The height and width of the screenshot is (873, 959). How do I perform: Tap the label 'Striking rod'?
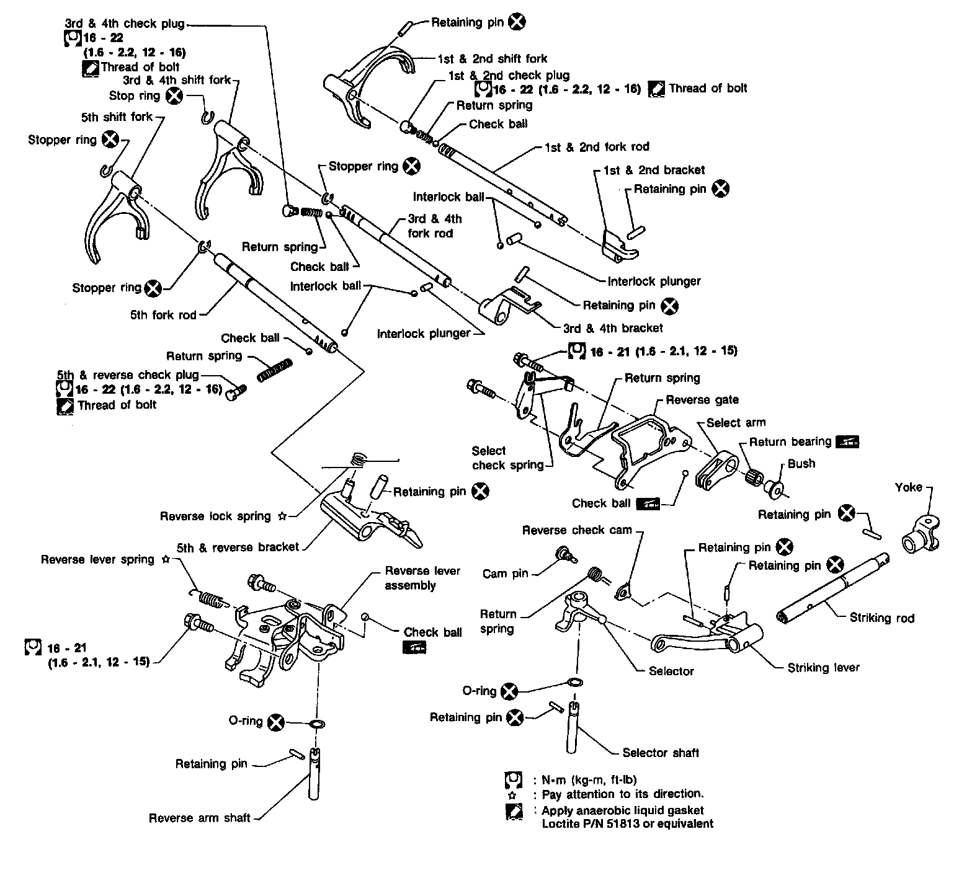[881, 618]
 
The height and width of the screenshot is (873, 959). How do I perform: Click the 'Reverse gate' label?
[702, 400]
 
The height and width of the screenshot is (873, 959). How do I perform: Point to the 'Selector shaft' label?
[661, 753]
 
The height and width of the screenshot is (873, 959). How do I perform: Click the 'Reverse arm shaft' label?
[199, 818]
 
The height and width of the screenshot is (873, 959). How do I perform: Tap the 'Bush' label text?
[801, 464]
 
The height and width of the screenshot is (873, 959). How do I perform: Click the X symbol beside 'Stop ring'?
[175, 95]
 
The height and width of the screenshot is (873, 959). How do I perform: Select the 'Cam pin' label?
[505, 574]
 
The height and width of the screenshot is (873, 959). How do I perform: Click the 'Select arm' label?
[736, 423]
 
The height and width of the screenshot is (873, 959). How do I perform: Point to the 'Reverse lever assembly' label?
[422, 578]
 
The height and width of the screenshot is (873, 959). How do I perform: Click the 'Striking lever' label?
[823, 667]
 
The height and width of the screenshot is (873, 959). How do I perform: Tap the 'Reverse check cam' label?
[576, 530]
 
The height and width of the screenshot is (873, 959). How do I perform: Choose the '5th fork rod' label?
[163, 315]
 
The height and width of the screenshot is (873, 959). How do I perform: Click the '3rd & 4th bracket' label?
[612, 328]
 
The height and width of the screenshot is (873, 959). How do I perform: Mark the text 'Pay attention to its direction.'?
[623, 794]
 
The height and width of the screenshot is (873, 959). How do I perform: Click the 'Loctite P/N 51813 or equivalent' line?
[627, 824]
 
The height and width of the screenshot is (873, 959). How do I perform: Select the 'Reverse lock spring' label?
[215, 516]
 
